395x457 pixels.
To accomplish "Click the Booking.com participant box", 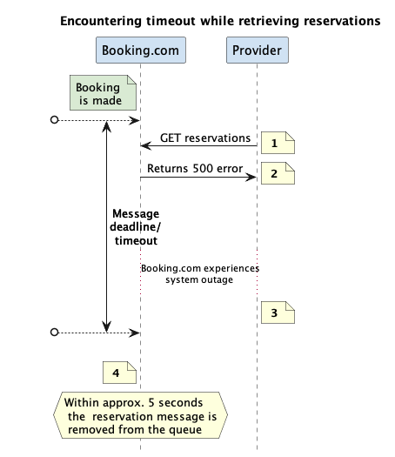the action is click(141, 50).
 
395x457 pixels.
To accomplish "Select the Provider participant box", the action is click(258, 50).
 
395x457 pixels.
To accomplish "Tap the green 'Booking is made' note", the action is click(103, 92).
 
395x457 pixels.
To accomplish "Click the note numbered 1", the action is click(278, 143).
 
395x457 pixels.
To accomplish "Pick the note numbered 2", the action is click(278, 173).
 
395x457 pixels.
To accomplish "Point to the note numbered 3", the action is click(278, 313).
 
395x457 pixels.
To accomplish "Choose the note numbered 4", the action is click(119, 373).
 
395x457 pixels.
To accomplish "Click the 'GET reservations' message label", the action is click(205, 138).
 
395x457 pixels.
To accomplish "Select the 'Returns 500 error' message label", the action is click(195, 169).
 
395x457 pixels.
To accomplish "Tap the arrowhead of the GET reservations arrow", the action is click(145, 145).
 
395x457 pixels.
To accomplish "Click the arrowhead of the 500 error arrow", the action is click(251, 177).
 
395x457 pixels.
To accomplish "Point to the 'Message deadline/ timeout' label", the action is click(136, 227).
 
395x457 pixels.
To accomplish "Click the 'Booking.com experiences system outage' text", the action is click(200, 274).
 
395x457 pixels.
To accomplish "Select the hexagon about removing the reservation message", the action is click(140, 415).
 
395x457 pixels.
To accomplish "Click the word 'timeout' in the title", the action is click(171, 21).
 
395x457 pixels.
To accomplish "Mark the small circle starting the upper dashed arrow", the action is click(55, 120).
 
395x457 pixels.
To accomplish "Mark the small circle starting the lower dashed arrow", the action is click(55, 332).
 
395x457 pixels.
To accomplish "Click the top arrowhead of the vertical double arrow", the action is click(107, 126).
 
